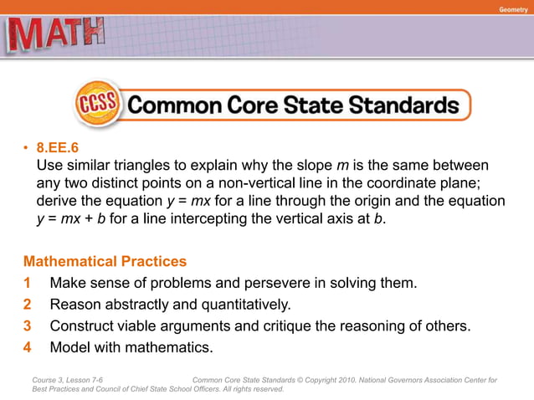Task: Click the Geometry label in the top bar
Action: (x=513, y=8)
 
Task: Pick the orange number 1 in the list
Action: (x=28, y=283)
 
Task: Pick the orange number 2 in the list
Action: (x=28, y=304)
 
